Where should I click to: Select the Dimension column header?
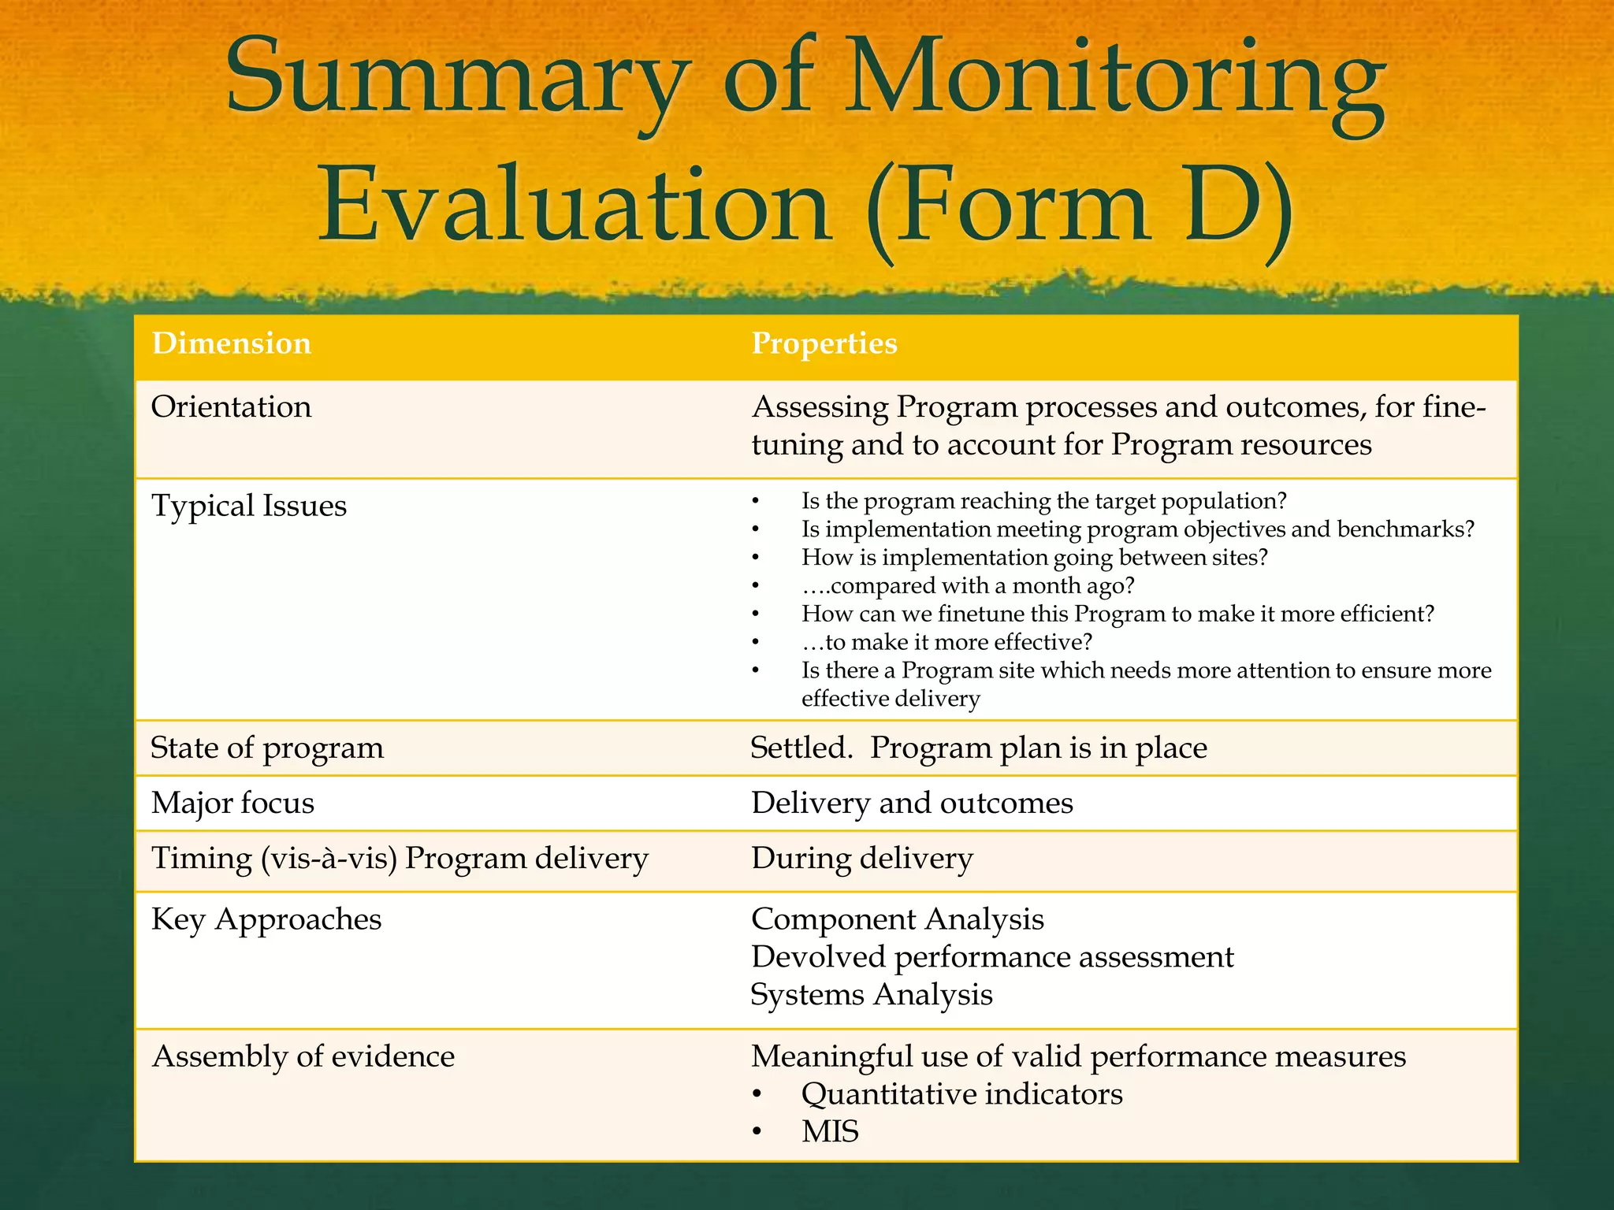(231, 343)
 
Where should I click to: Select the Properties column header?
(824, 343)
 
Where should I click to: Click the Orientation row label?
(231, 407)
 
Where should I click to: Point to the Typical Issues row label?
(248, 506)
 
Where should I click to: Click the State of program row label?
(266, 748)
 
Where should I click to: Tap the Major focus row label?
(232, 803)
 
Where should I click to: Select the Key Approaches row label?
(266, 919)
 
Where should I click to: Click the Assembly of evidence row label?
(303, 1056)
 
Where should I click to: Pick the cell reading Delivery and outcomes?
(912, 803)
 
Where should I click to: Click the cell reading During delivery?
(861, 858)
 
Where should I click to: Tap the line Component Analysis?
(897, 919)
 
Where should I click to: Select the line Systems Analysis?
(871, 995)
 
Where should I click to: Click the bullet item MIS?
(829, 1132)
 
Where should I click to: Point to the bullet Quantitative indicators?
(961, 1094)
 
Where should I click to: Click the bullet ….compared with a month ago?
(967, 586)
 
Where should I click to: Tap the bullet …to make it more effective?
(946, 643)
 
